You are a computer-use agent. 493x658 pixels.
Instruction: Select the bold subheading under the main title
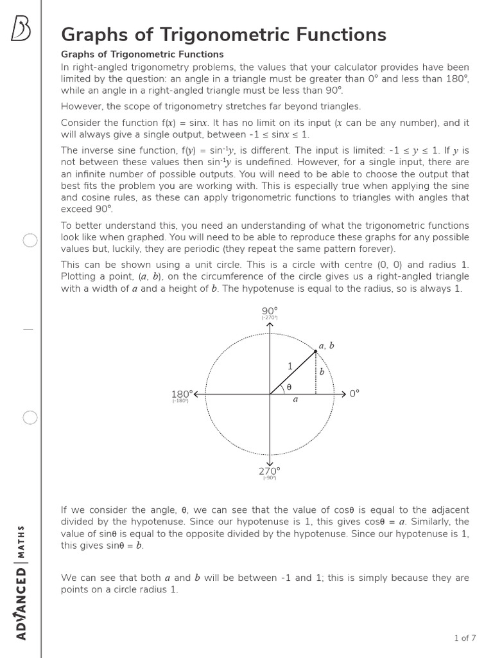(x=142, y=55)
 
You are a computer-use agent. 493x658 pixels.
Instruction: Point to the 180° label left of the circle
(x=182, y=393)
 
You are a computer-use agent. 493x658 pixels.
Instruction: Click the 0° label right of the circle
(x=354, y=393)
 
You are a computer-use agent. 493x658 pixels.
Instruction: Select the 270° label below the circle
(x=270, y=471)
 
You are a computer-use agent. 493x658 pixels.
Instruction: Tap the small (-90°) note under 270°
(x=270, y=478)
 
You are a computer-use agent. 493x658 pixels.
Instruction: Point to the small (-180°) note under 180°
(x=180, y=401)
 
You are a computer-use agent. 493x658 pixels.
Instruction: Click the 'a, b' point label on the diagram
(x=327, y=346)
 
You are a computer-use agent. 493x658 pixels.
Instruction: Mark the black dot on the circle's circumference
(x=316, y=351)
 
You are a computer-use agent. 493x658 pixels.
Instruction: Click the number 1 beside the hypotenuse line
(x=290, y=366)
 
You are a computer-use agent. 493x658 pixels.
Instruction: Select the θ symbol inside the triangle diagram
(x=288, y=387)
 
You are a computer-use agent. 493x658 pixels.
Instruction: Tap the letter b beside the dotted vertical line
(x=322, y=372)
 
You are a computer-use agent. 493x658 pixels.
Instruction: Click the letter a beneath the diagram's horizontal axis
(x=295, y=399)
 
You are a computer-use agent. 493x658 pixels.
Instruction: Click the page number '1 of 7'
(x=465, y=638)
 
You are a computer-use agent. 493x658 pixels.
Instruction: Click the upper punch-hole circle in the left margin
(x=30, y=241)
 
